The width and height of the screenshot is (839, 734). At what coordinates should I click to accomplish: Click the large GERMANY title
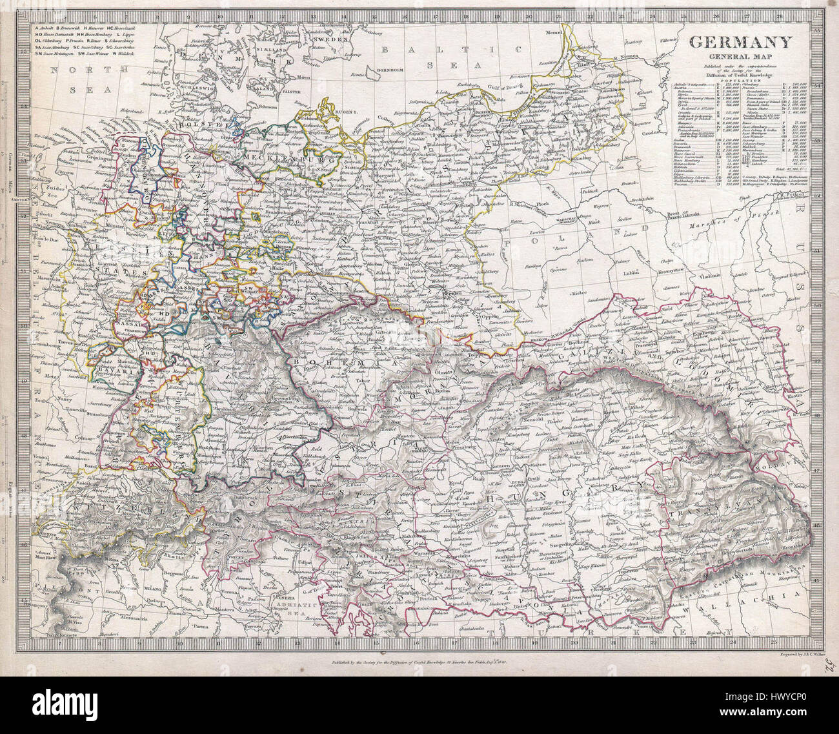click(x=740, y=43)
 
